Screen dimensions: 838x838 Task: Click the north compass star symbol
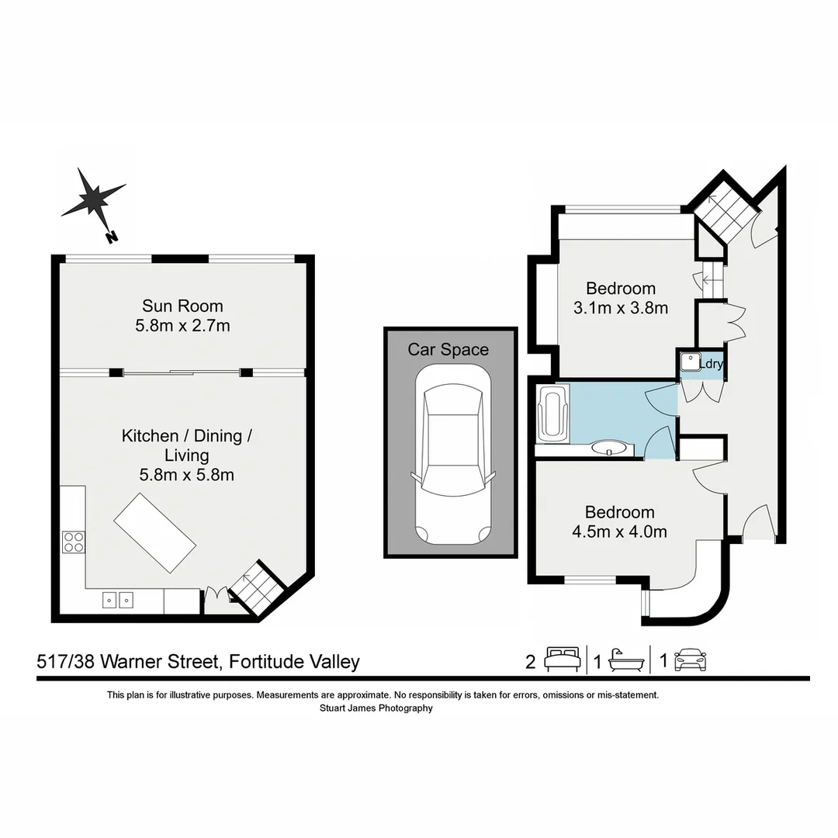(x=94, y=200)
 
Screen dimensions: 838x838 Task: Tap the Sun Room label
(x=182, y=306)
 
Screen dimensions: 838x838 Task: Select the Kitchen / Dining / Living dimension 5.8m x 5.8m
(x=186, y=475)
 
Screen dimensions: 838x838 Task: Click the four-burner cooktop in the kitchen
(x=73, y=541)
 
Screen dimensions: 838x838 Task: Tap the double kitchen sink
(x=117, y=599)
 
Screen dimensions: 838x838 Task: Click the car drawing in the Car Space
(x=451, y=455)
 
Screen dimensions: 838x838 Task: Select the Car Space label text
(x=448, y=350)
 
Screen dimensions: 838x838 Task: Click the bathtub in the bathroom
(x=552, y=414)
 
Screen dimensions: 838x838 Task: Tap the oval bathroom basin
(x=608, y=447)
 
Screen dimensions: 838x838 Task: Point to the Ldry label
(x=712, y=362)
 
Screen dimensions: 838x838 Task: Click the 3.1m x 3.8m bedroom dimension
(x=620, y=307)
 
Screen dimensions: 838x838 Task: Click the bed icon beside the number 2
(x=562, y=660)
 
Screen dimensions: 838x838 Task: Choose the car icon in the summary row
(x=691, y=660)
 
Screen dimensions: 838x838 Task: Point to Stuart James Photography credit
(x=376, y=708)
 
